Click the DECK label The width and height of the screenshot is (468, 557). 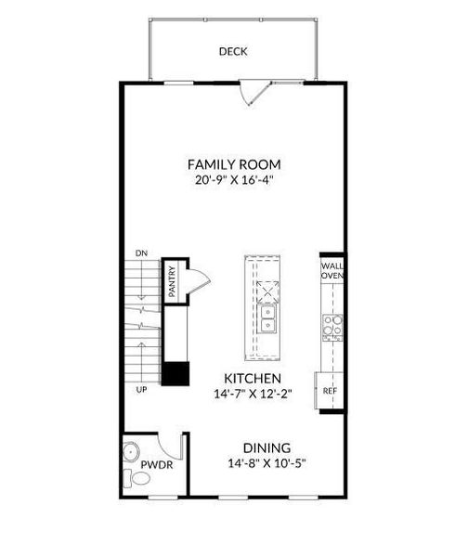coord(233,51)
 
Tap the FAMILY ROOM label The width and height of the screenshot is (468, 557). coord(234,164)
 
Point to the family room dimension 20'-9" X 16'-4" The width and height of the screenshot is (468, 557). coord(234,180)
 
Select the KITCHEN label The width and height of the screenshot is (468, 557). coord(253,379)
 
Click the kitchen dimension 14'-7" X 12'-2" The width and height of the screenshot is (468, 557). coord(253,394)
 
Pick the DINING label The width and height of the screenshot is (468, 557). coord(266,447)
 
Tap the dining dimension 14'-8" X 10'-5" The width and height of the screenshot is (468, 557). coord(266,463)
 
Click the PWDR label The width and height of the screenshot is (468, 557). coord(157,465)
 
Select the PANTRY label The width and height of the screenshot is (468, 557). coord(172,281)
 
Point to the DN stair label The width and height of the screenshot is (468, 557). coord(141,253)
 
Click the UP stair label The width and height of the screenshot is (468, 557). coord(141,390)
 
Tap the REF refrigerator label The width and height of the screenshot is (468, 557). coord(330,391)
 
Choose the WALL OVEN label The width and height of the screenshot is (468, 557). coord(332,271)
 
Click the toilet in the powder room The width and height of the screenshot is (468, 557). coord(136,478)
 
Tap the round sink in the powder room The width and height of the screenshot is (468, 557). coord(131,452)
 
